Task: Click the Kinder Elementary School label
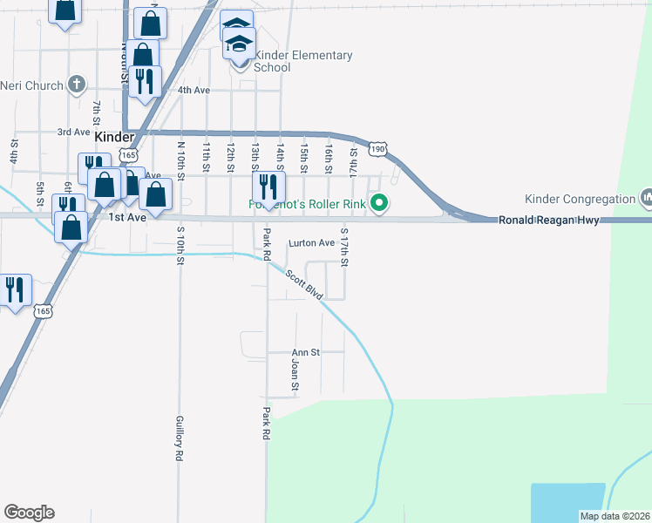[x=303, y=61]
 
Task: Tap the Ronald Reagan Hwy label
[x=549, y=221]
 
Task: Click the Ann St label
[x=306, y=352]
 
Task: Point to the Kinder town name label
[x=115, y=138]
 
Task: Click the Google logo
[x=29, y=513]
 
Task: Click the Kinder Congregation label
[x=581, y=199]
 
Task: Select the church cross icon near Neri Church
[x=78, y=85]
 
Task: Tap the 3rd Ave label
[x=73, y=132]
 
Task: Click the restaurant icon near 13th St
[x=268, y=186]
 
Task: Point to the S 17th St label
[x=344, y=248]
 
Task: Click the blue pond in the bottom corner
[x=567, y=501]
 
